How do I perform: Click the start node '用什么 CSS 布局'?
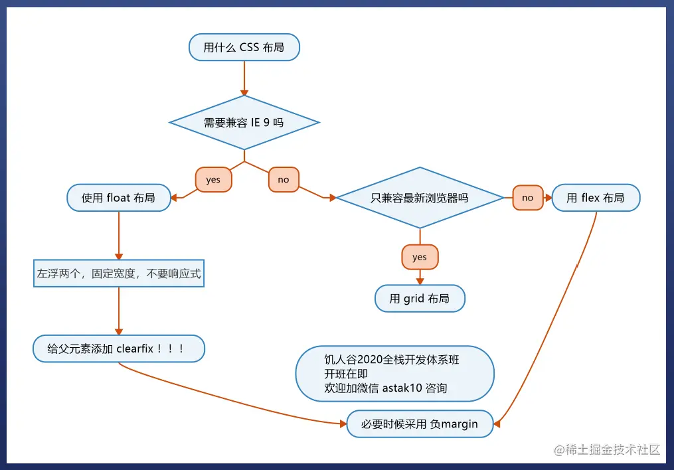point(244,47)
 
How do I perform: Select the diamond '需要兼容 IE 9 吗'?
point(244,123)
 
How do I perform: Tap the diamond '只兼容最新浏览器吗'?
point(420,198)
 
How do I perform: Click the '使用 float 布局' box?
point(119,198)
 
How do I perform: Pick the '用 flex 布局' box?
point(596,198)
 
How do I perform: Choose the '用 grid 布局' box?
point(420,299)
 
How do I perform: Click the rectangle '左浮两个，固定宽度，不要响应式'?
point(119,274)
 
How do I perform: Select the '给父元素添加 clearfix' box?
point(119,349)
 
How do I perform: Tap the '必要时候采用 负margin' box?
point(420,424)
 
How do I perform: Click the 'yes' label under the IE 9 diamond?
point(213,179)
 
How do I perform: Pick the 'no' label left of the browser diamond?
point(284,179)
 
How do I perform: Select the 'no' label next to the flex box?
point(528,198)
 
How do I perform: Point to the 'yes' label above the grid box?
point(420,257)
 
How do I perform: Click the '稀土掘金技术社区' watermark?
point(612,449)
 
